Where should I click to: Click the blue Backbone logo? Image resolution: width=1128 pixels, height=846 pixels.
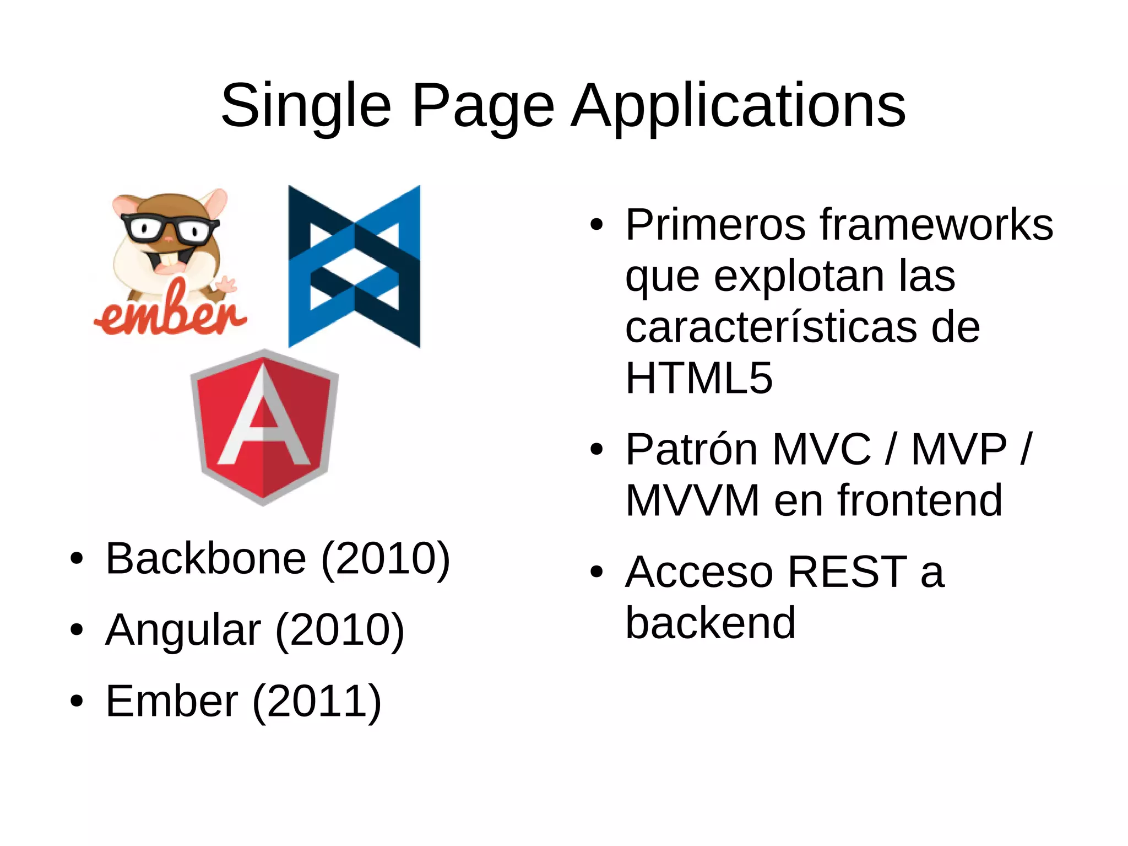coord(354,267)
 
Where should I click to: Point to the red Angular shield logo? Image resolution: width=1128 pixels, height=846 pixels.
coord(264,427)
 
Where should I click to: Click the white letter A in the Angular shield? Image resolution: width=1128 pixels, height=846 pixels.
coord(263,419)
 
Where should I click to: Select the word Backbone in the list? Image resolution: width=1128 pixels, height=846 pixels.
coord(205,558)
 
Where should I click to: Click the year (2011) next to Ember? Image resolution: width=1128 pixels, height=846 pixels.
coord(317,701)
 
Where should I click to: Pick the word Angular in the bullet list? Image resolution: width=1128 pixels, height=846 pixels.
coord(183,629)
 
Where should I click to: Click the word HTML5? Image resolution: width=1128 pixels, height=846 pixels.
coord(699,378)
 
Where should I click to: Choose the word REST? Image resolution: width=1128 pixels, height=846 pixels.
coord(847,572)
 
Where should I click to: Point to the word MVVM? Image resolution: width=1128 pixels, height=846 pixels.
coord(692,500)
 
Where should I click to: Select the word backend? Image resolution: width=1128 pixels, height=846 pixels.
coord(711,623)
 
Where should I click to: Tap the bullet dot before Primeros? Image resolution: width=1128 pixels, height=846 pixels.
coord(596,225)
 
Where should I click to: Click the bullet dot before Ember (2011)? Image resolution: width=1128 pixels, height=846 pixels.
coord(77,702)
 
